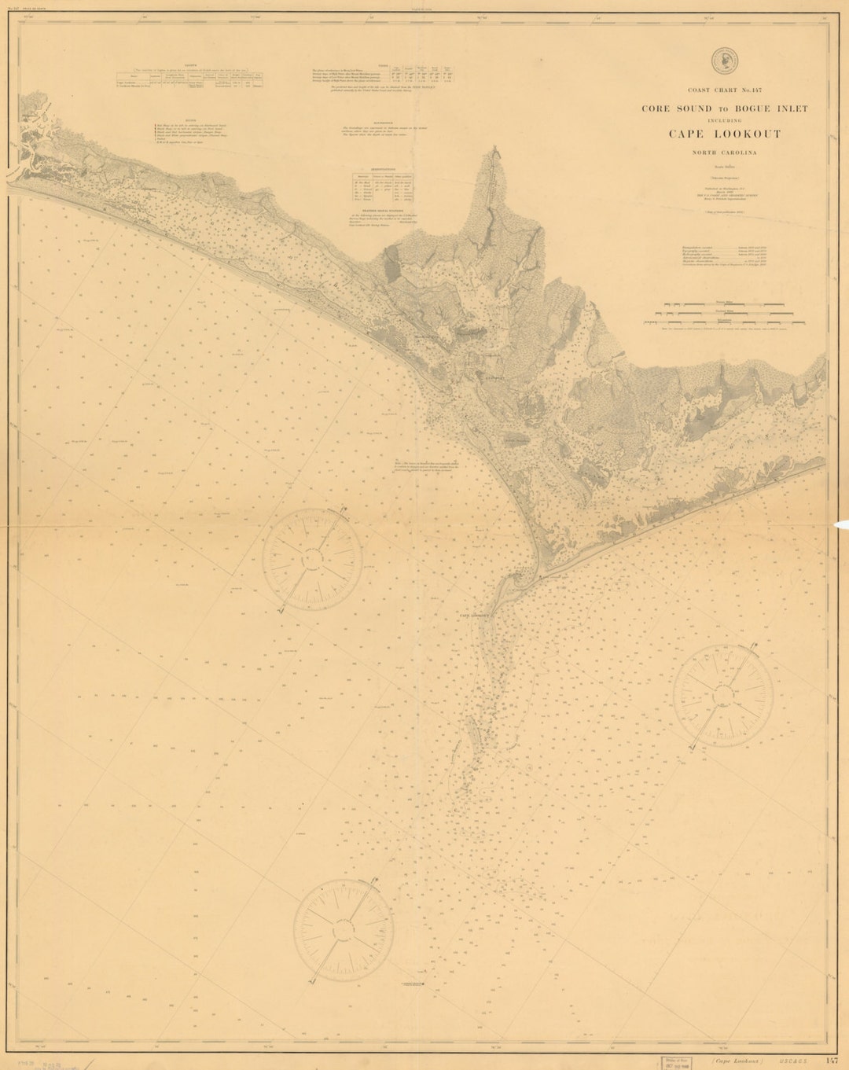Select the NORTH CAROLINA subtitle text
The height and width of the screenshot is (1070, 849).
(x=725, y=153)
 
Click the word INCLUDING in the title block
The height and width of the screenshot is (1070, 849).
(x=725, y=120)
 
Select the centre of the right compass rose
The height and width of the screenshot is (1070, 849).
(x=726, y=693)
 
